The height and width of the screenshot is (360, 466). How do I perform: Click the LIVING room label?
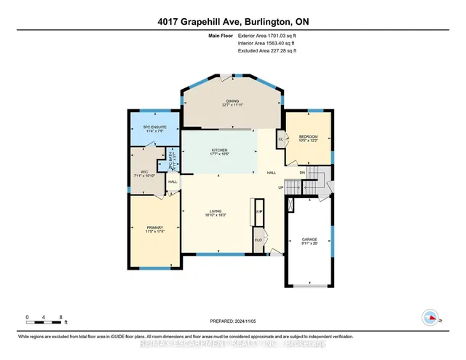pyautogui.click(x=215, y=214)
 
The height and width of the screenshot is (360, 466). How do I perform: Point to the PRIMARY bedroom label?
pyautogui.click(x=154, y=230)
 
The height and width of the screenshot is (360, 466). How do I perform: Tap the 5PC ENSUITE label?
pyautogui.click(x=154, y=128)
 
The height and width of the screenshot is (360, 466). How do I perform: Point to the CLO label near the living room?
pyautogui.click(x=258, y=240)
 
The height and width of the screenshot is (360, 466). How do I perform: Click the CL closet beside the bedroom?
pyautogui.click(x=280, y=138)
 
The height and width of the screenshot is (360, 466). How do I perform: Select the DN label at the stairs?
pyautogui.click(x=301, y=173)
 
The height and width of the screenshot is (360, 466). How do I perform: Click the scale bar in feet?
pyautogui.click(x=44, y=318)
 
